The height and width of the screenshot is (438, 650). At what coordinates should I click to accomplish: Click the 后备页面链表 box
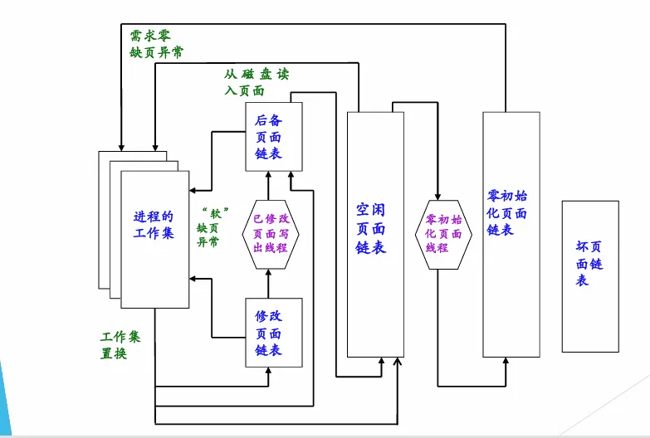pyautogui.click(x=274, y=137)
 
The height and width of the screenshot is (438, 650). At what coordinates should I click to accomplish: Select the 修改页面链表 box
pyautogui.click(x=274, y=332)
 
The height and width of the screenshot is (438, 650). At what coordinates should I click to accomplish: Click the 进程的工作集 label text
pyautogui.click(x=154, y=225)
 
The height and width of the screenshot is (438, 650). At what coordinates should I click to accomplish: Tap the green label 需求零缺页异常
pyautogui.click(x=157, y=45)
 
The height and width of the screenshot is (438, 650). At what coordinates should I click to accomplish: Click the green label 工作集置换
pyautogui.click(x=120, y=346)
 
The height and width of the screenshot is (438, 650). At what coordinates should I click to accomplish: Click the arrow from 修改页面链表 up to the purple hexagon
pyautogui.click(x=268, y=285)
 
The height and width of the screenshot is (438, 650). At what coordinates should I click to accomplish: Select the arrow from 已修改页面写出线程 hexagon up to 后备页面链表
pyautogui.click(x=268, y=184)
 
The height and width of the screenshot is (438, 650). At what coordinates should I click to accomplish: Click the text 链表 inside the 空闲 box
pyautogui.click(x=371, y=247)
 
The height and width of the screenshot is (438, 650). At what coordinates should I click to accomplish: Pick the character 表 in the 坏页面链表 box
pyautogui.click(x=582, y=281)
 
